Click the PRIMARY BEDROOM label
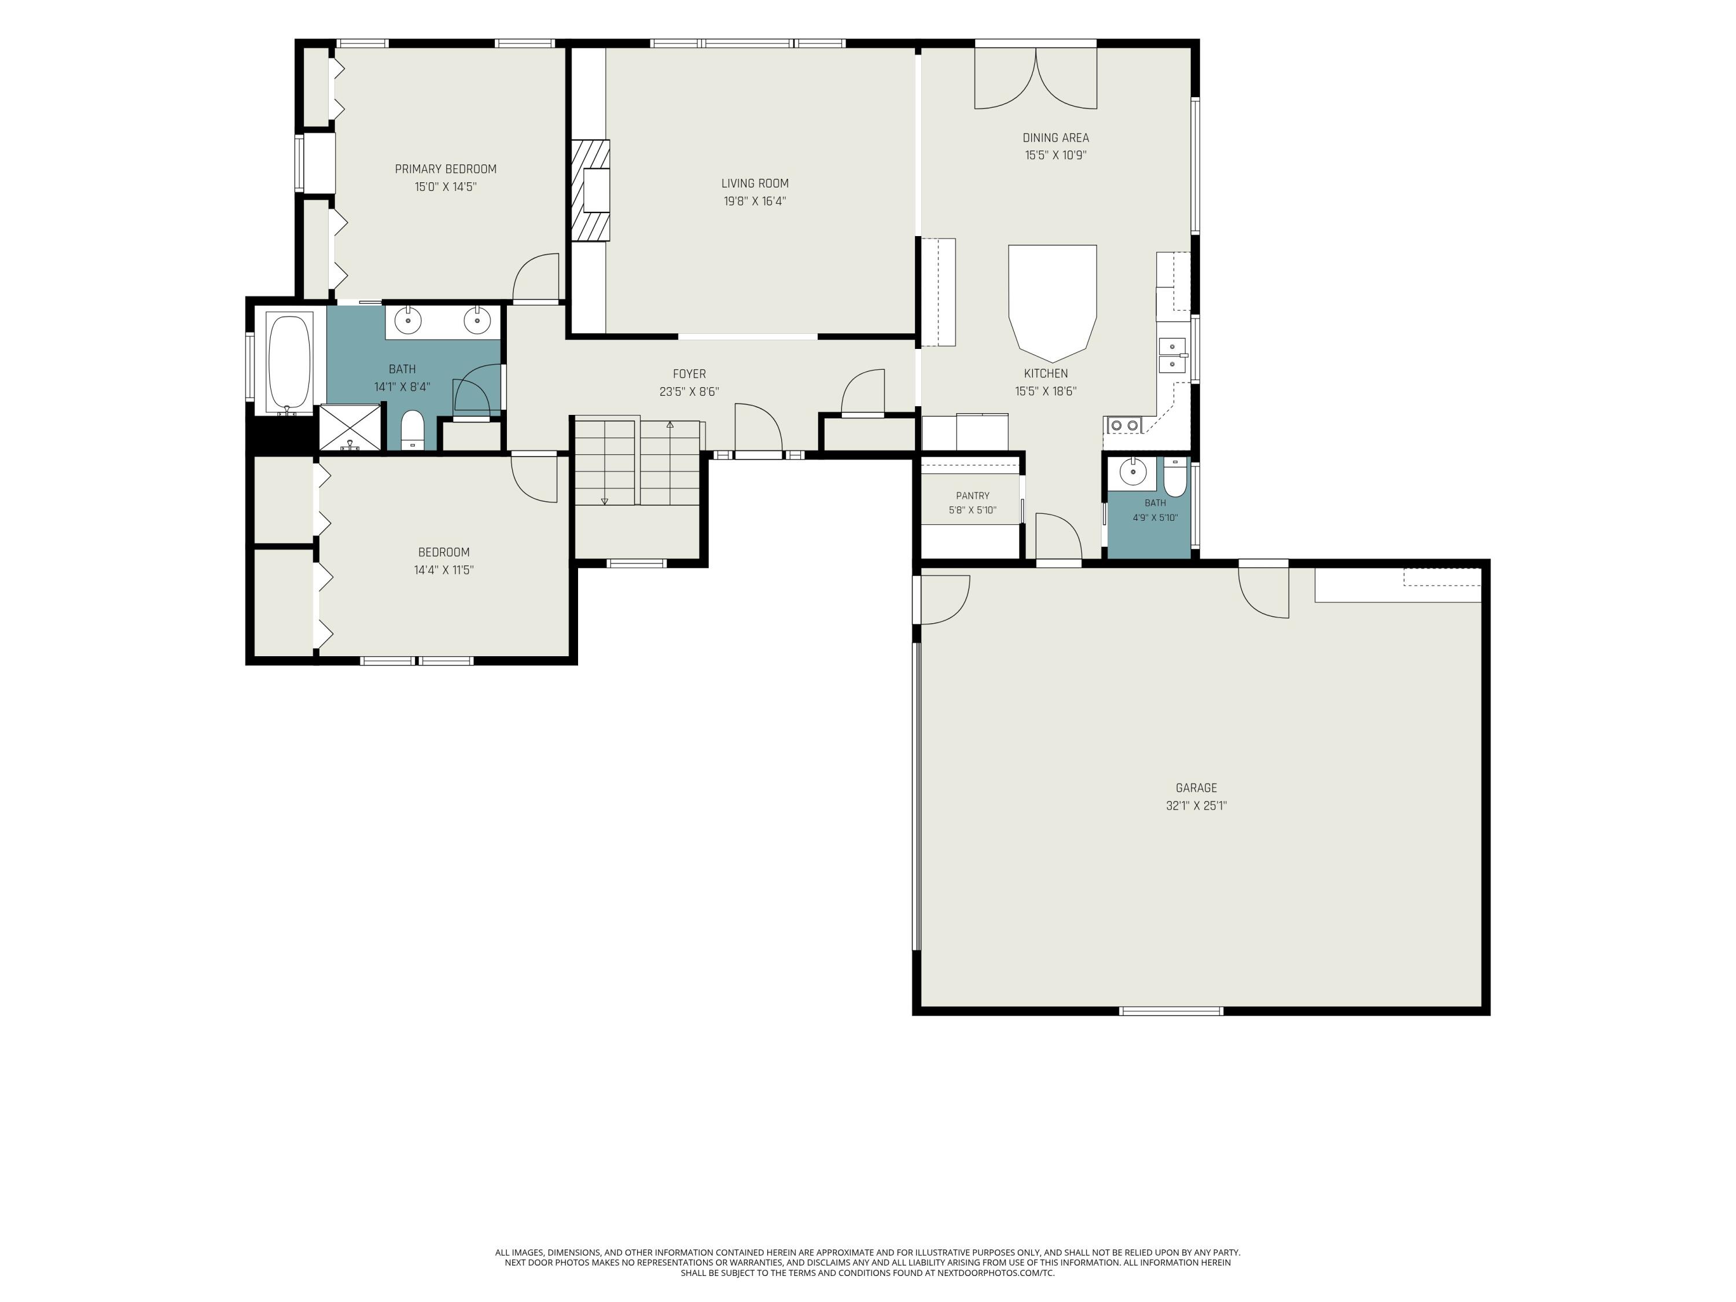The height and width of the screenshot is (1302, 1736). pos(445,169)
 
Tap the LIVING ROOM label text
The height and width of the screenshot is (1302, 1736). pos(755,183)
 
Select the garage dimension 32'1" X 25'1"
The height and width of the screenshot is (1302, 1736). pos(1196,806)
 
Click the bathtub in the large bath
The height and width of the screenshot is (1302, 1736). pos(289,362)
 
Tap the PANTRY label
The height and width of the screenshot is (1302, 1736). pos(972,496)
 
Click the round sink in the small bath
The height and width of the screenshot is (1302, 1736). pos(1132,472)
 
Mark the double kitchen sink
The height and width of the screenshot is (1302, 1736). pos(1172,355)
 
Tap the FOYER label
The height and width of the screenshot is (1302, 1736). pos(689,374)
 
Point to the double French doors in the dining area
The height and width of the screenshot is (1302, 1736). pos(1035,78)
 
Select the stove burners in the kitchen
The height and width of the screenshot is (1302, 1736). pos(1124,425)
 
